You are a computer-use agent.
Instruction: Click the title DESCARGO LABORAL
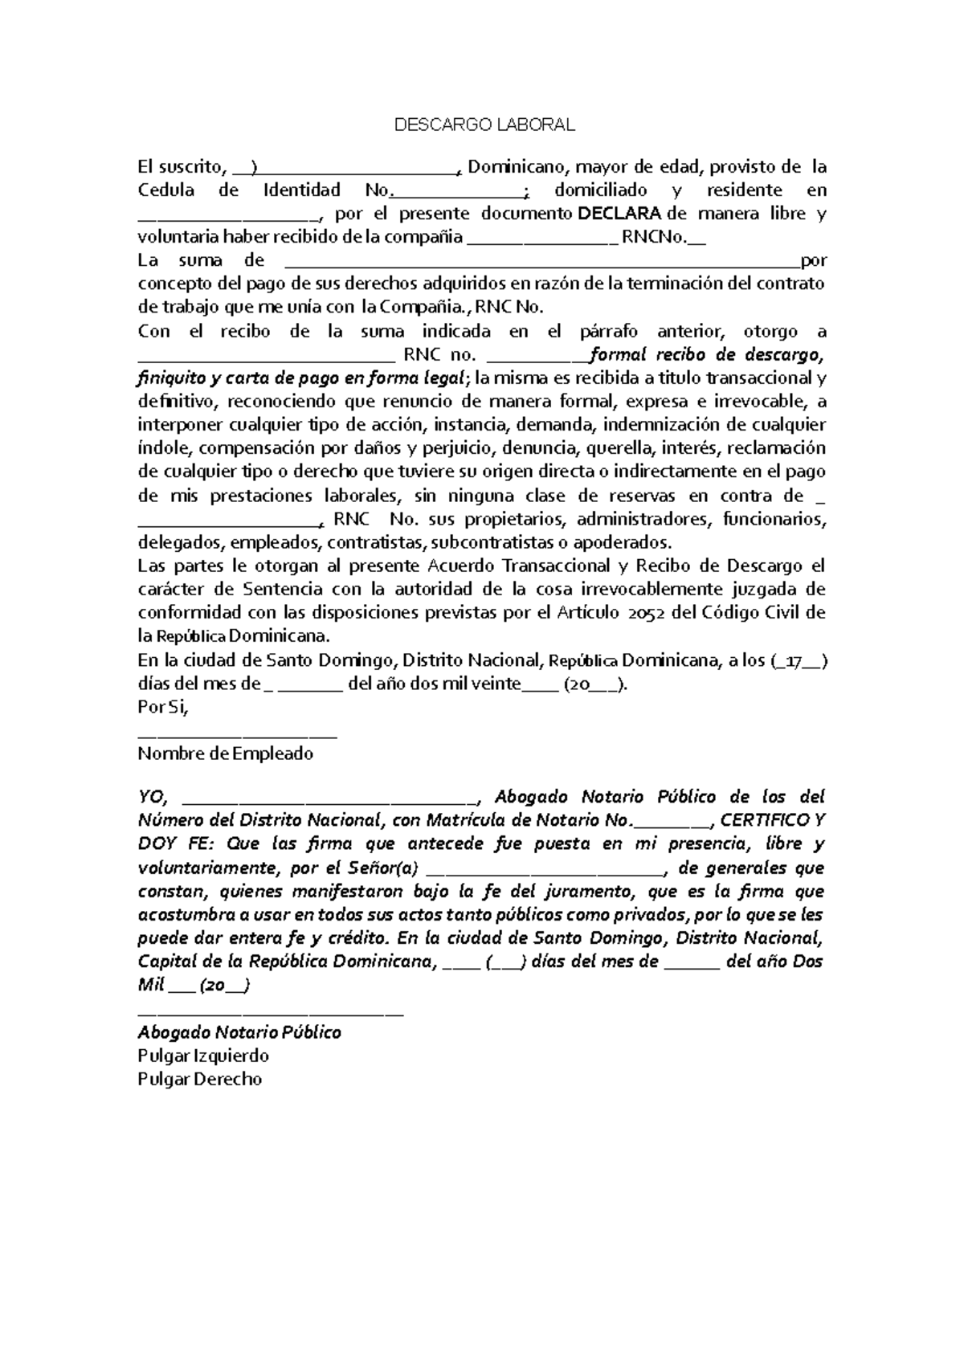click(x=484, y=125)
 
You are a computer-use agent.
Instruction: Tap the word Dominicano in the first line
click(x=517, y=167)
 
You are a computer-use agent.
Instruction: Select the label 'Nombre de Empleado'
click(x=225, y=754)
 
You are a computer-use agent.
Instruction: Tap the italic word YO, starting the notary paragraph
click(x=152, y=797)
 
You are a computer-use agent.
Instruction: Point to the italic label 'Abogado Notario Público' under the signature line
click(x=239, y=1032)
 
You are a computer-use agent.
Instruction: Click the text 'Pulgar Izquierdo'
click(x=202, y=1056)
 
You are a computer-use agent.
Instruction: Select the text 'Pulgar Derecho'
click(x=199, y=1079)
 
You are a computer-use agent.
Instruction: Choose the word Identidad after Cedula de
click(x=302, y=190)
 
